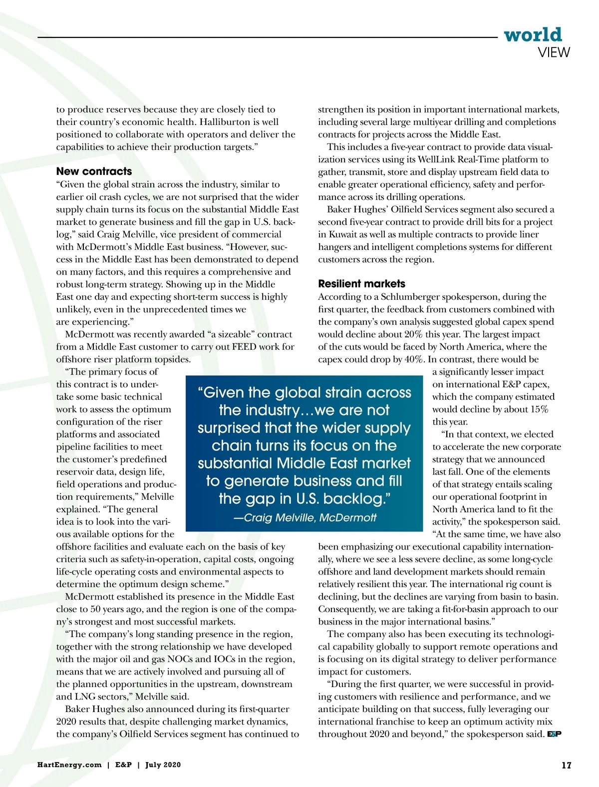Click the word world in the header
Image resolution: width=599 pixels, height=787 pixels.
click(x=533, y=34)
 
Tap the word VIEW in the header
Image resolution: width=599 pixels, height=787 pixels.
click(x=554, y=52)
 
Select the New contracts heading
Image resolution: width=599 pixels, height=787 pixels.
click(x=94, y=171)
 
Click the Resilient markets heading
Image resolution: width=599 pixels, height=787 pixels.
click(x=361, y=284)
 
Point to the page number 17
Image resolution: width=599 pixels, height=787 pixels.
click(x=566, y=765)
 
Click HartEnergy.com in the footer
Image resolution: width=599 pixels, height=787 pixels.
click(x=69, y=765)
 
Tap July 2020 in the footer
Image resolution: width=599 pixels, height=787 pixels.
click(x=163, y=765)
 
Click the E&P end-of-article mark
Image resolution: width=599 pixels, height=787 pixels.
click(x=554, y=734)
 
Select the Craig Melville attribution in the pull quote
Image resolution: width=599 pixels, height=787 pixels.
click(x=305, y=518)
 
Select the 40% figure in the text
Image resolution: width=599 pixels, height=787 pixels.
click(x=415, y=359)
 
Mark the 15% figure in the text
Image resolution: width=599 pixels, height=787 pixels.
click(x=539, y=409)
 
